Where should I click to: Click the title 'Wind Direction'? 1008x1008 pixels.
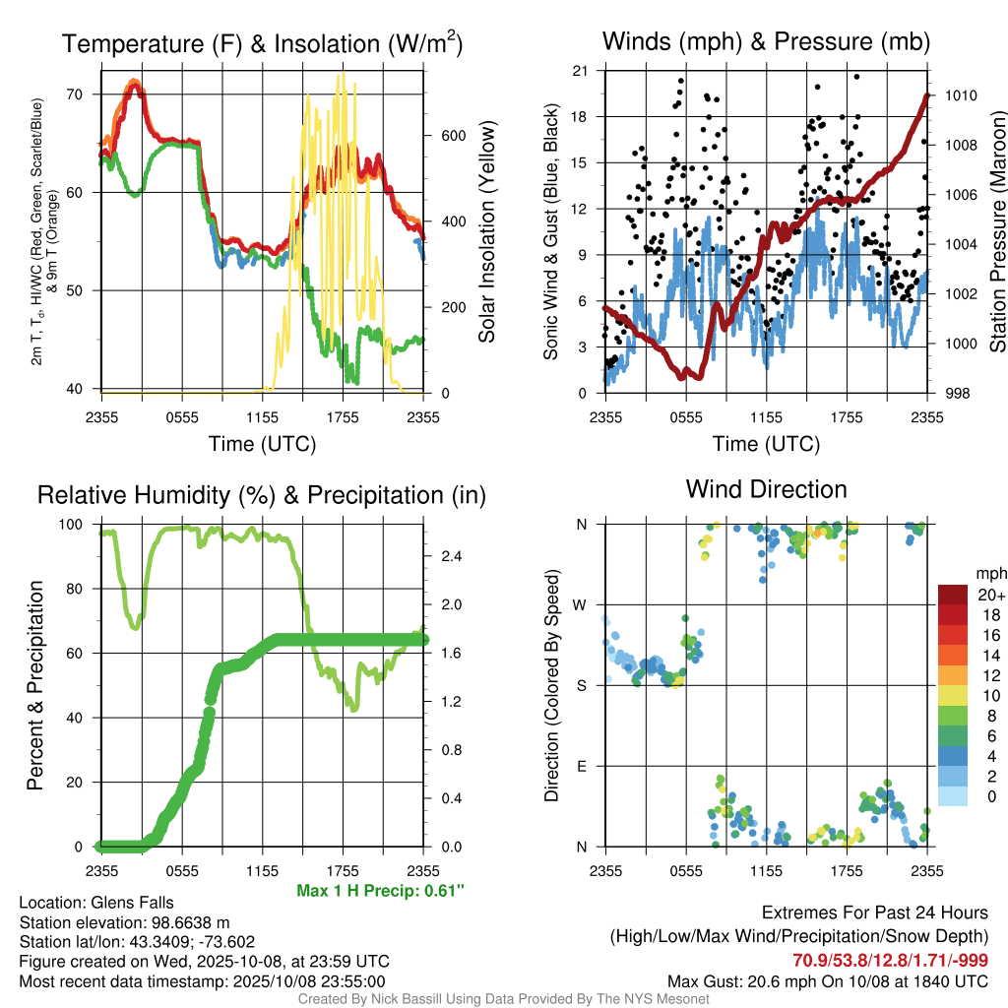point(766,489)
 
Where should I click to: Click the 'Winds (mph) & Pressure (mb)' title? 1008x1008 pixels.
point(766,42)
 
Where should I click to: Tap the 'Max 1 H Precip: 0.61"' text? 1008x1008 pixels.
point(380,890)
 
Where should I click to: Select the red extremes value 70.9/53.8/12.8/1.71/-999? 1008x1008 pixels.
point(890,960)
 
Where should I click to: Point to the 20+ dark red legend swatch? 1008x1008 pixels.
point(955,595)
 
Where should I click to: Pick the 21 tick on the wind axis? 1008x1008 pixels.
point(580,71)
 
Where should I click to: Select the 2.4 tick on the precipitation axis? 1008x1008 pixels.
point(452,556)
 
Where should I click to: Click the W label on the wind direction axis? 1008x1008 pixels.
point(582,604)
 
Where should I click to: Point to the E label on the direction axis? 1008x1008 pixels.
point(583,766)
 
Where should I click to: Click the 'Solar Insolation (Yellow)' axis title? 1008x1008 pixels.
point(486,231)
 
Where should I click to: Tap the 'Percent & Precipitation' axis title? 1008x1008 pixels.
point(35,685)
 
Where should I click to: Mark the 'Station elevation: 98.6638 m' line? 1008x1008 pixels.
point(124,922)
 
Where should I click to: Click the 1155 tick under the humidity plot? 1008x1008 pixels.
point(263,870)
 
